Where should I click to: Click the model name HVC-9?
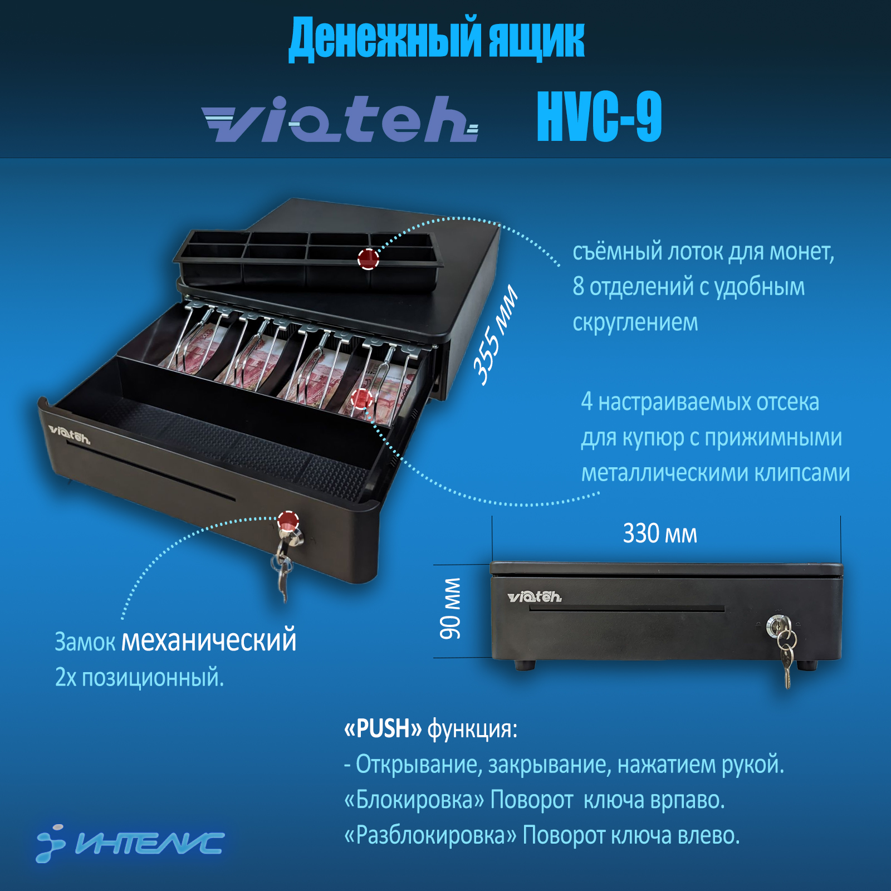coord(599,116)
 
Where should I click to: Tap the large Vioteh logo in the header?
coord(340,119)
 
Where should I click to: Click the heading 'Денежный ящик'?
coord(437,38)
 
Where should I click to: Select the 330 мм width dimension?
coord(660,533)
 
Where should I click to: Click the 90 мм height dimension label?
coord(451,609)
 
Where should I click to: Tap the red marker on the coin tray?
coord(368,258)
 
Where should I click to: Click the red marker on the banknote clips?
coord(361,399)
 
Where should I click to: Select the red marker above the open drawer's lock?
coord(288,521)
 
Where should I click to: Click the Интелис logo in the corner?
coord(130,843)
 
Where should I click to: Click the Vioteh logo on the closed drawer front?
coord(535,597)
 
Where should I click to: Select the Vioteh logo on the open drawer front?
coord(69,434)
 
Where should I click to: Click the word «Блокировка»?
coord(415,800)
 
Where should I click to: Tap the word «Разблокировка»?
coord(431,835)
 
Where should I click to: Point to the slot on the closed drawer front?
coord(627,609)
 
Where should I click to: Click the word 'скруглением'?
coord(635,322)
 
